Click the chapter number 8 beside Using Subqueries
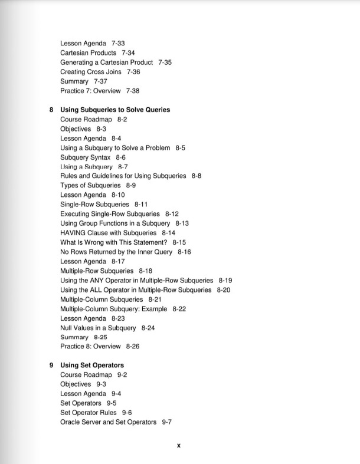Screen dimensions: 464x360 pyautogui.click(x=51, y=110)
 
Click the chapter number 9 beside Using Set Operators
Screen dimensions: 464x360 pyautogui.click(x=51, y=365)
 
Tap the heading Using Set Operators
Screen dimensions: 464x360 pyautogui.click(x=92, y=365)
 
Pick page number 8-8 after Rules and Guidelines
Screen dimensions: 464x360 pyautogui.click(x=197, y=176)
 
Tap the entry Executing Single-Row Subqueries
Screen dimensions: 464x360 pyautogui.click(x=110, y=214)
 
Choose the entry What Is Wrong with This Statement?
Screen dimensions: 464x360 pyautogui.click(x=114, y=242)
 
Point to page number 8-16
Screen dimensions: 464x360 pyautogui.click(x=184, y=252)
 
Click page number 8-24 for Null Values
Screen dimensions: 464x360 pyautogui.click(x=148, y=328)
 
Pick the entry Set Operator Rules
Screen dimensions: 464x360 pyautogui.click(x=89, y=413)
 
